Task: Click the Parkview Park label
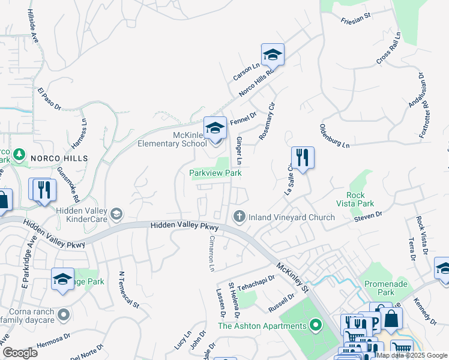click(x=215, y=173)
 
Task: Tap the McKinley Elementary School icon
click(x=215, y=128)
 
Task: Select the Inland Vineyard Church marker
click(x=240, y=217)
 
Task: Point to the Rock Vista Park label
click(x=360, y=199)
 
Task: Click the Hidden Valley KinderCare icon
click(x=116, y=213)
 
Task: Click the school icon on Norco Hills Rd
click(x=273, y=55)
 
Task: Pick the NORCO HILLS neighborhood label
click(x=59, y=158)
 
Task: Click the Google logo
click(x=20, y=352)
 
